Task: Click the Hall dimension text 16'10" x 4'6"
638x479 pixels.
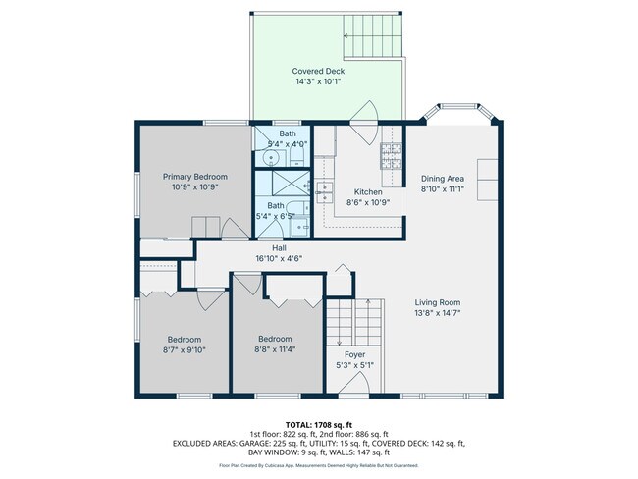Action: click(279, 259)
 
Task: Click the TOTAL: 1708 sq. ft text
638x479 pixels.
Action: click(318, 423)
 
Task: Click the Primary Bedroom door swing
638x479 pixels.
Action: click(234, 229)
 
